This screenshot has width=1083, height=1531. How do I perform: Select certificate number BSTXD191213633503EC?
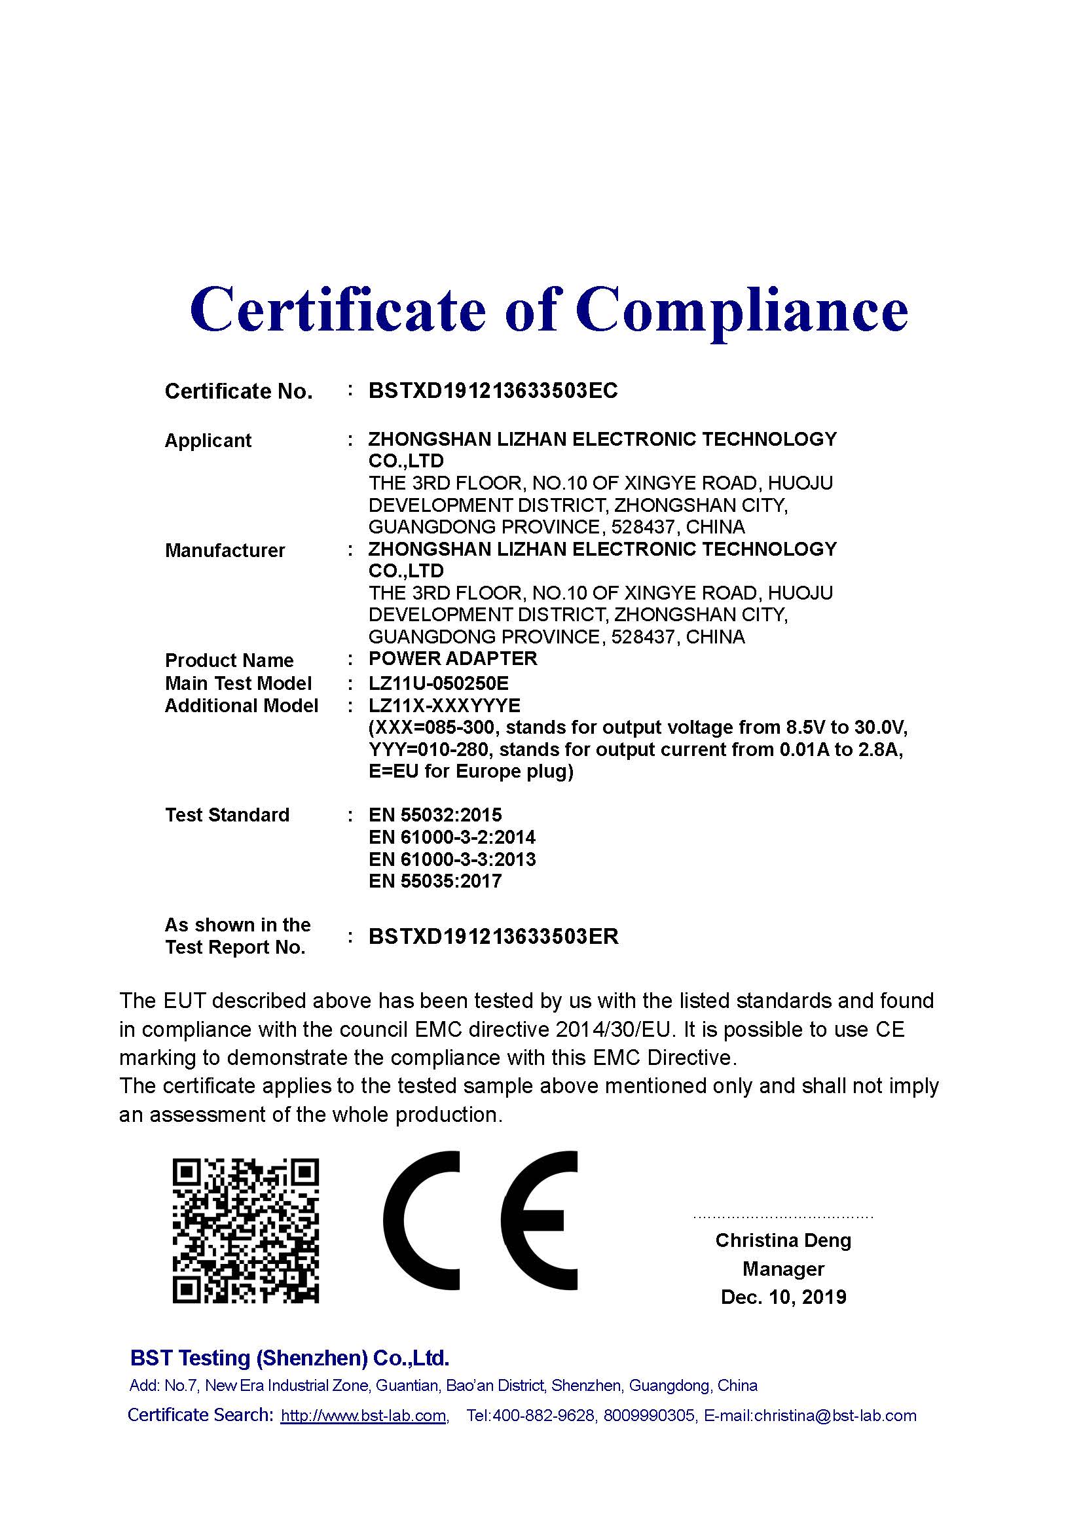(x=493, y=391)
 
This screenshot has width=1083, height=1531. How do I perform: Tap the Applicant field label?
(x=208, y=441)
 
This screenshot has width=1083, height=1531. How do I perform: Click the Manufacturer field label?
(x=225, y=550)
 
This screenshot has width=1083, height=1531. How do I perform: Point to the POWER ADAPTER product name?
(x=452, y=659)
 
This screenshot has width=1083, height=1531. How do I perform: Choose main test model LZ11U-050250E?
(x=438, y=683)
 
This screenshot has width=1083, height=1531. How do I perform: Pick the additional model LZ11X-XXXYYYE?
(x=444, y=706)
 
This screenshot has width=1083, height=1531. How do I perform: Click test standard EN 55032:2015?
(x=435, y=815)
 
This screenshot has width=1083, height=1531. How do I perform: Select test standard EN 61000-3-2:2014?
(x=452, y=838)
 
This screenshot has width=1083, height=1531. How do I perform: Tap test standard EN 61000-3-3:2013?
(x=452, y=859)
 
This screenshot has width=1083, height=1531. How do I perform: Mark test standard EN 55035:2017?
(x=435, y=882)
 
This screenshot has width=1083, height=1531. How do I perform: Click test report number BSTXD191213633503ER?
(x=493, y=937)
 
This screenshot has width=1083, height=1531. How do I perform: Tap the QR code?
(x=246, y=1231)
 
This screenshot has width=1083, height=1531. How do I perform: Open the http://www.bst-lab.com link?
(x=363, y=1416)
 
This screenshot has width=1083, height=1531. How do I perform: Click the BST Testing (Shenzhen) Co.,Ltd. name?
(x=289, y=1358)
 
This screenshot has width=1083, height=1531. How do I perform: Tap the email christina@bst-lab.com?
(x=835, y=1416)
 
